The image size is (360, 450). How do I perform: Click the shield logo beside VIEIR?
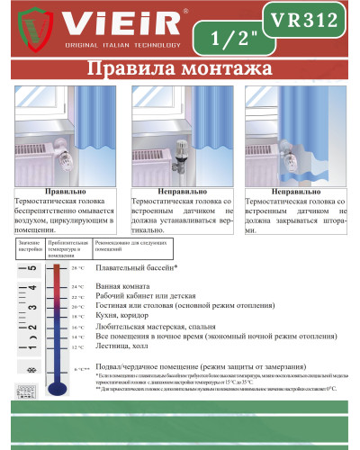26,30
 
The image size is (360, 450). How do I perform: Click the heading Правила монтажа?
180,70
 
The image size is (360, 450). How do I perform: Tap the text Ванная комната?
125,286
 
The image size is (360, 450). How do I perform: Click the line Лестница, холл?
123,346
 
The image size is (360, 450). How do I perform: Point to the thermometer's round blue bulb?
57,388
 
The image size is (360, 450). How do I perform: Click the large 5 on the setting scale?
31,269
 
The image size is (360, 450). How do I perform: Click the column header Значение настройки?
29,246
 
